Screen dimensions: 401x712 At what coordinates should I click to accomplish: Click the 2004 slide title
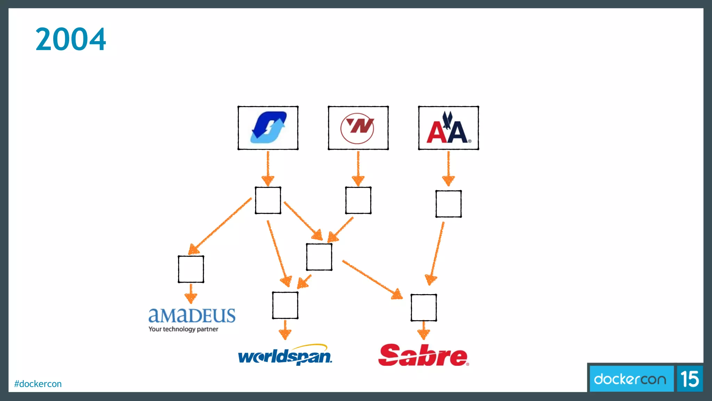coord(71,39)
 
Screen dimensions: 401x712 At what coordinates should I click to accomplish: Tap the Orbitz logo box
coord(268,128)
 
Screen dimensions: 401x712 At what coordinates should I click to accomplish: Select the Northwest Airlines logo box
coord(358,128)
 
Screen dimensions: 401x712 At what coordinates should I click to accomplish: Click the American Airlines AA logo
coord(448,128)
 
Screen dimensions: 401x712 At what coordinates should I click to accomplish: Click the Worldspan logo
coord(285,355)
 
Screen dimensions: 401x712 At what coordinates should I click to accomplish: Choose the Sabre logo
coord(423,355)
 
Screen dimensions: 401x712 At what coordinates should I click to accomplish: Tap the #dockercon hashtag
coord(38,384)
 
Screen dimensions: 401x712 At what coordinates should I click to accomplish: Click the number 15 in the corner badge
coord(690,379)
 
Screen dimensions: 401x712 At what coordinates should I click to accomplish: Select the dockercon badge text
coord(630,379)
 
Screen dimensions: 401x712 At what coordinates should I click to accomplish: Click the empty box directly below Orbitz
coord(268,200)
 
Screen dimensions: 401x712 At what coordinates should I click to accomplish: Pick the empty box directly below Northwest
coord(358,200)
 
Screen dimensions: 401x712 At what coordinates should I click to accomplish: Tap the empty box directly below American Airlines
coord(448,204)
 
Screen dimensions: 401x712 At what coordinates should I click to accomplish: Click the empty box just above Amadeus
coord(191,269)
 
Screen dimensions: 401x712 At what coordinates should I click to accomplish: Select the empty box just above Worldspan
coord(285,305)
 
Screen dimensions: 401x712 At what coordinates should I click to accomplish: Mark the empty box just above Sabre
coord(423,307)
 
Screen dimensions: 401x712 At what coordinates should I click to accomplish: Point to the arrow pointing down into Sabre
coord(423,330)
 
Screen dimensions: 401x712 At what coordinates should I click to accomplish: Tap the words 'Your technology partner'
coord(183,329)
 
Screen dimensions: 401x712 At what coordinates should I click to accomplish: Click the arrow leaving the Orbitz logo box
coord(268,168)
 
